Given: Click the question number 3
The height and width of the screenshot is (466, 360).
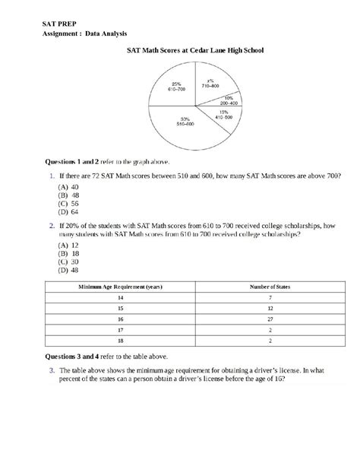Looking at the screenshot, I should click(x=52, y=370).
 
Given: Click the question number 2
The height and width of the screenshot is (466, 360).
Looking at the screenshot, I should click(x=52, y=226).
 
